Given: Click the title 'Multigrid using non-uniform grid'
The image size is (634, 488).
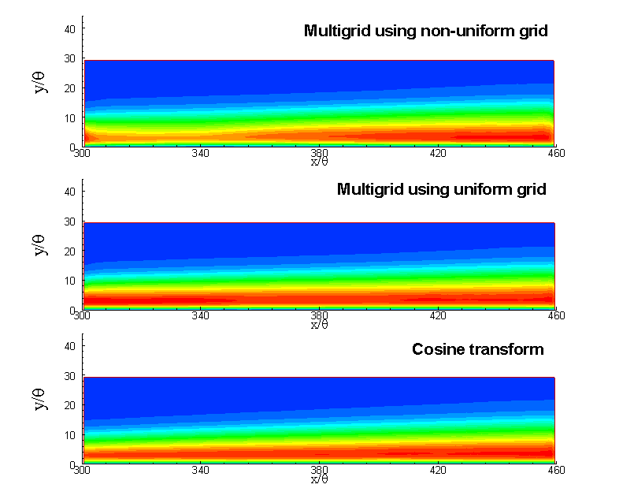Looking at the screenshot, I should tap(425, 32).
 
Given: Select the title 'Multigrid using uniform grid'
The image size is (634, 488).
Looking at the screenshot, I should tap(441, 190).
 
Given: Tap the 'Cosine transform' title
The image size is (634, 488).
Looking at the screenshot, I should tap(477, 349).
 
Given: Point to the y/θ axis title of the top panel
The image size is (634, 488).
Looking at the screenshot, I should tap(42, 82).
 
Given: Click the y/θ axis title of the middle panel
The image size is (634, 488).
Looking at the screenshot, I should tap(42, 244).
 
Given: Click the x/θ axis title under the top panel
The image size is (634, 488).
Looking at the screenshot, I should tap(319, 162).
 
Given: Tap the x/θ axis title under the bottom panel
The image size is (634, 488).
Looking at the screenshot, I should tap(319, 479).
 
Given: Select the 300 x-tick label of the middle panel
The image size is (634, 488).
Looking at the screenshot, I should tap(81, 316).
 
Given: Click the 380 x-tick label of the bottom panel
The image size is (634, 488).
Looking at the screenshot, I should tap(319, 471).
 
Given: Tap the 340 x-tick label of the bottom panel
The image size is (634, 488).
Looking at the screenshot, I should tap(200, 471).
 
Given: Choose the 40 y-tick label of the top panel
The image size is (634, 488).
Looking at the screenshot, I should tap(69, 28).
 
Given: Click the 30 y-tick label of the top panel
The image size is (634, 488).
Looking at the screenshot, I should tap(69, 58).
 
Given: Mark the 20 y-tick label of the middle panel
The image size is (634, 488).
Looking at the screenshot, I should tap(69, 251).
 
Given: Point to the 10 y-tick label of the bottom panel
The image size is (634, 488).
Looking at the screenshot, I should tap(69, 434).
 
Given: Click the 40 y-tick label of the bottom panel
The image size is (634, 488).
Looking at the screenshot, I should tap(69, 345).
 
